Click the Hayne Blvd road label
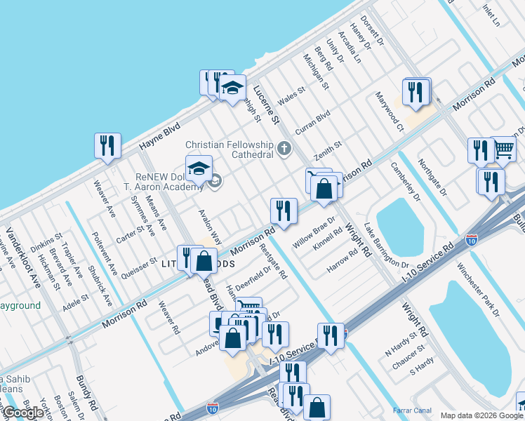point(159,136)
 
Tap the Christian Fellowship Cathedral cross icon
point(284,148)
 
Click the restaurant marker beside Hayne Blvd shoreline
point(107,146)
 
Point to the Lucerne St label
point(267,105)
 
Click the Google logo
point(24,413)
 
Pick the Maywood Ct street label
point(390,112)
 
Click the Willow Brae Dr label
point(314,227)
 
